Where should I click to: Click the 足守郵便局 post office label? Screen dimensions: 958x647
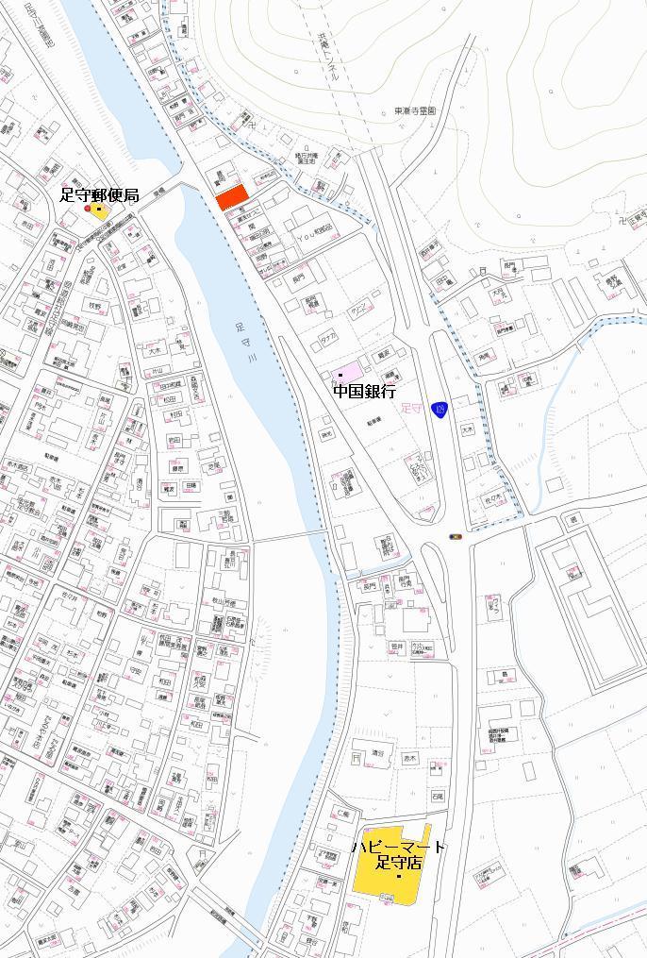pos(99,195)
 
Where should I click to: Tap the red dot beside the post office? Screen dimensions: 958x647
pos(88,209)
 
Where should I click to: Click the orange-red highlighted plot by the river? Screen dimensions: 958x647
pos(232,197)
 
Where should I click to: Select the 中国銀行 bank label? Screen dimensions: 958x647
pos(364,391)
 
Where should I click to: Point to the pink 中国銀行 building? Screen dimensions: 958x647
pos(346,372)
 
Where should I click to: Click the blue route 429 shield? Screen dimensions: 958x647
pos(438,409)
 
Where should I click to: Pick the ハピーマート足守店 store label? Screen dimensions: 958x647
pos(398,855)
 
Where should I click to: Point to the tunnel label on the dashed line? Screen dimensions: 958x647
pos(327,59)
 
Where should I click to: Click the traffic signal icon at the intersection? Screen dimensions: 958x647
pos(456,537)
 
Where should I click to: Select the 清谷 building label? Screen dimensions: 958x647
pos(378,753)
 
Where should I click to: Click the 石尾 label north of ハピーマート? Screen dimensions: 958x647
pos(437,797)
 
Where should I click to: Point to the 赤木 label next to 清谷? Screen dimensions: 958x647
pos(409,758)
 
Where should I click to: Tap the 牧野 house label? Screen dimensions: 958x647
pos(94,306)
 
